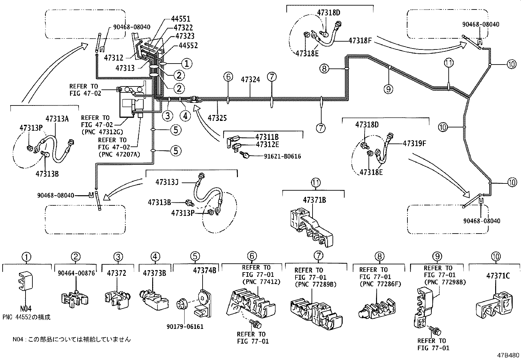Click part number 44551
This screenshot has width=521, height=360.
pos(181,19)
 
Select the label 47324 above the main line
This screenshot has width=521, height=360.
pos(250,80)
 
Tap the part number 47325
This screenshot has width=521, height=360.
pos(217,118)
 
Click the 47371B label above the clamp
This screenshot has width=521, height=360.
pos(314,200)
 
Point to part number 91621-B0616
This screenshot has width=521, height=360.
pos(282,156)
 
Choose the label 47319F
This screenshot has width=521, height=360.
pos(414,143)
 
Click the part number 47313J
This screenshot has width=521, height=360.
pos(167,182)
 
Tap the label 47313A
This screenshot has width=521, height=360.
pos(57,119)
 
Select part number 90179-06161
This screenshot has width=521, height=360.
pos(185,327)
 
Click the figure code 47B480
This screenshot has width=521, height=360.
pos(508,355)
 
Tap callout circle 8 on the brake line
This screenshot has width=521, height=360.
pos(324,69)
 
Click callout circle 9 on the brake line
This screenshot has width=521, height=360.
pos(388,89)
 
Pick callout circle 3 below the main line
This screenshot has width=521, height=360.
pos(168,116)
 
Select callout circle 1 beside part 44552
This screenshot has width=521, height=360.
pos(187,63)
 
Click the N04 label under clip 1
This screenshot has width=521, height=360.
pos(26,309)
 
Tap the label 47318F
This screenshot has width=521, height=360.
pos(360,41)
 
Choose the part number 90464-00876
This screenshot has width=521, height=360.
pos(76,273)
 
